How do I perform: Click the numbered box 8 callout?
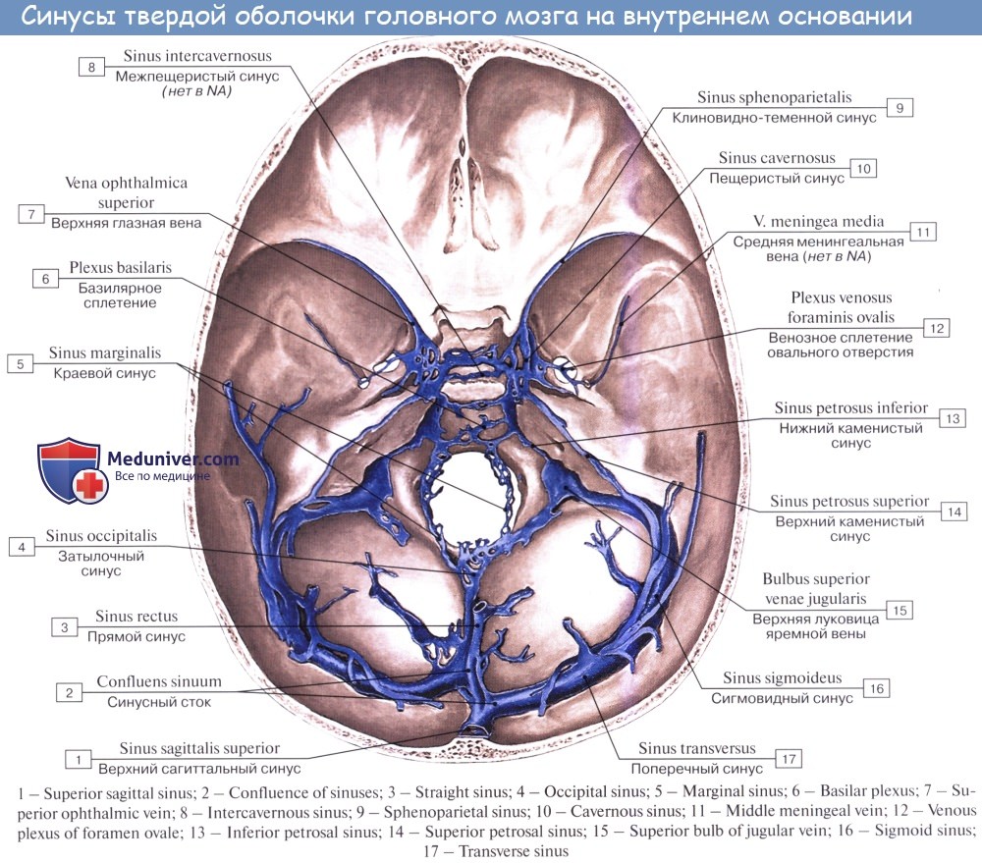pos(91,67)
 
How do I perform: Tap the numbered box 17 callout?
pos(788,759)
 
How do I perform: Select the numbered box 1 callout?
pos(78,758)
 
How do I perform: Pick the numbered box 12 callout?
pos(937,329)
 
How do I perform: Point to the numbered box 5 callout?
pos(20,363)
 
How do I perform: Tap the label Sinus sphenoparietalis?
pos(774,98)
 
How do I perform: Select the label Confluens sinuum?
pos(159,681)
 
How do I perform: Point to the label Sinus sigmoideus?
pos(783,677)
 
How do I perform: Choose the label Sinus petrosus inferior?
pos(850,408)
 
